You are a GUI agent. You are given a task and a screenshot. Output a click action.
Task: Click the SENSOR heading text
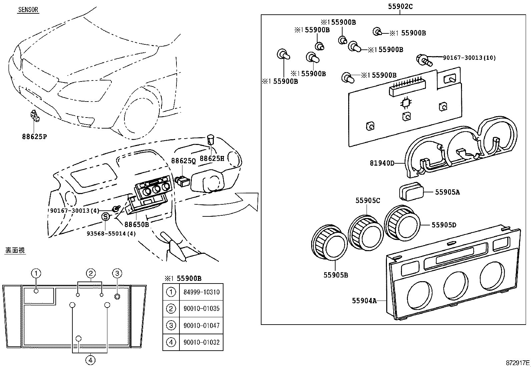28,10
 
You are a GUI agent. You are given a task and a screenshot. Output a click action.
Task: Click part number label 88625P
35,137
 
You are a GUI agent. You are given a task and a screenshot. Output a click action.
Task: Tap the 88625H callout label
212,158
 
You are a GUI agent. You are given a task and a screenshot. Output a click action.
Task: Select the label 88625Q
183,161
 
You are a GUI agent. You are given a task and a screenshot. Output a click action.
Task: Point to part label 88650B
137,224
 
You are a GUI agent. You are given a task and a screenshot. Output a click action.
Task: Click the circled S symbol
105,217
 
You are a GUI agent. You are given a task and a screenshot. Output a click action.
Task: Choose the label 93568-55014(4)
111,233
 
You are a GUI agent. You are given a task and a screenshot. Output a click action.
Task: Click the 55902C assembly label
400,6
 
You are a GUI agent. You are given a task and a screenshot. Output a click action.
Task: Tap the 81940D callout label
382,163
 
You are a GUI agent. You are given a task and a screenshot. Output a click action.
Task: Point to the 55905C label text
368,200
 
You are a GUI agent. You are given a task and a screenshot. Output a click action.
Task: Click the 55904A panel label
364,301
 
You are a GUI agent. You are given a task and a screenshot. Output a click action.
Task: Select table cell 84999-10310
201,292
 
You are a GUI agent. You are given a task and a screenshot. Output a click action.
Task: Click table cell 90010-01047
201,326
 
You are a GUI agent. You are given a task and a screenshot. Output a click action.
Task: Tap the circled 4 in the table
171,342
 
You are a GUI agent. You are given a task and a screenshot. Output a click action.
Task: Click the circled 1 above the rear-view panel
36,273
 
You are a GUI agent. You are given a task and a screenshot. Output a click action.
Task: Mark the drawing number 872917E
517,362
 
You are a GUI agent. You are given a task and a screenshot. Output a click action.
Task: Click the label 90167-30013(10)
469,58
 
